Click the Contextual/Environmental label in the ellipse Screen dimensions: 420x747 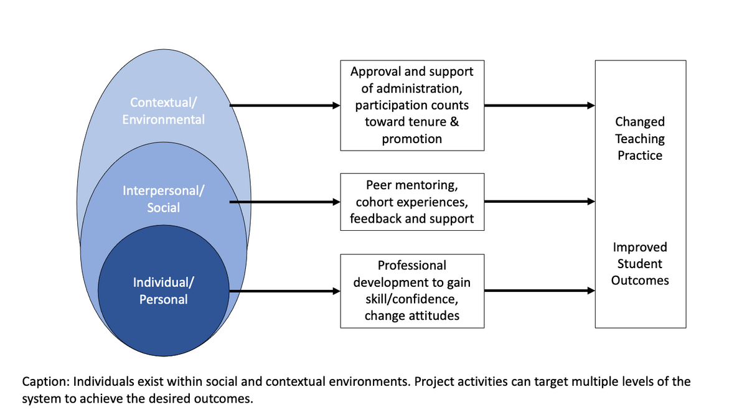(x=163, y=110)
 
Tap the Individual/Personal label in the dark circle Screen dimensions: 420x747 (x=163, y=291)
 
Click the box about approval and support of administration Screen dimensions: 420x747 (x=412, y=105)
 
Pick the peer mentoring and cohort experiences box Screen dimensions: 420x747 (x=412, y=202)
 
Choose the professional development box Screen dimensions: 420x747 (x=412, y=291)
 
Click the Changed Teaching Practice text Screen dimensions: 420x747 (x=641, y=139)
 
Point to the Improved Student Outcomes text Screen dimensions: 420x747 (x=641, y=264)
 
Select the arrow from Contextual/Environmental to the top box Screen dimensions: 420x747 (x=285, y=106)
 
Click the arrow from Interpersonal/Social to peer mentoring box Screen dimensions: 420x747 (x=285, y=202)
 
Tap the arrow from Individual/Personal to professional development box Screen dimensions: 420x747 (x=285, y=291)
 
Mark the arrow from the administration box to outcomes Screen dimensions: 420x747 (x=539, y=106)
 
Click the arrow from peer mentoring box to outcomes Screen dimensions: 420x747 (x=539, y=202)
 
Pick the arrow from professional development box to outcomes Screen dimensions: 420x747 (x=539, y=291)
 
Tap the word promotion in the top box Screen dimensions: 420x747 (x=412, y=139)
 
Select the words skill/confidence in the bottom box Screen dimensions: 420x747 (x=412, y=299)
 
